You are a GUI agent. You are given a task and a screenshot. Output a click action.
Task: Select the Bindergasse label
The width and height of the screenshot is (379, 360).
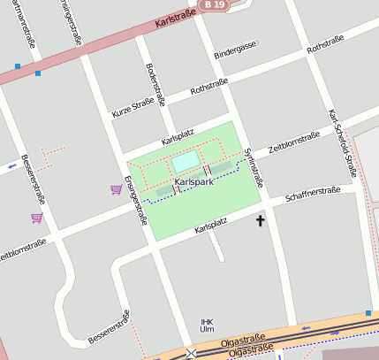[x=234, y=52]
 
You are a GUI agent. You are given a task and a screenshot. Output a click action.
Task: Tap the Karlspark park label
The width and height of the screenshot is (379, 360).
[x=193, y=182]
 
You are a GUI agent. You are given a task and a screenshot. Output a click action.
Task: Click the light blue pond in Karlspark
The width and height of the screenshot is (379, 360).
[x=186, y=161]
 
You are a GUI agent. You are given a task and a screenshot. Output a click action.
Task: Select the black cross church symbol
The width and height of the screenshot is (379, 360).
[x=260, y=219]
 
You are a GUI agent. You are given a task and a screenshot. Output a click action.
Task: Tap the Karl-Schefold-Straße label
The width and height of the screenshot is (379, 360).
[x=340, y=143]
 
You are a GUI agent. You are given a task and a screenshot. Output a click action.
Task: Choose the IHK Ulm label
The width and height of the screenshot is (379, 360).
[x=208, y=325]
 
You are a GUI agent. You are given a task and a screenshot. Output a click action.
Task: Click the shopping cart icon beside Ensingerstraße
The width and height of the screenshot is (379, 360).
[x=116, y=189]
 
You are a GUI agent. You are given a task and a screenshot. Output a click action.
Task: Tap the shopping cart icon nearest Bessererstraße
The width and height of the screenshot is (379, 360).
[x=36, y=218]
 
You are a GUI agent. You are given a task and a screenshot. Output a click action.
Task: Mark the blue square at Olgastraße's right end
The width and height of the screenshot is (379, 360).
[x=368, y=313]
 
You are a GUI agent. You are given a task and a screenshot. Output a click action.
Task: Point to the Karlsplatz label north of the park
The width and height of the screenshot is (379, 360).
[x=177, y=137]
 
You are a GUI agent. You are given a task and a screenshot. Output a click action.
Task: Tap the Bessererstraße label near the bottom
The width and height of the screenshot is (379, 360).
[x=110, y=327]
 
